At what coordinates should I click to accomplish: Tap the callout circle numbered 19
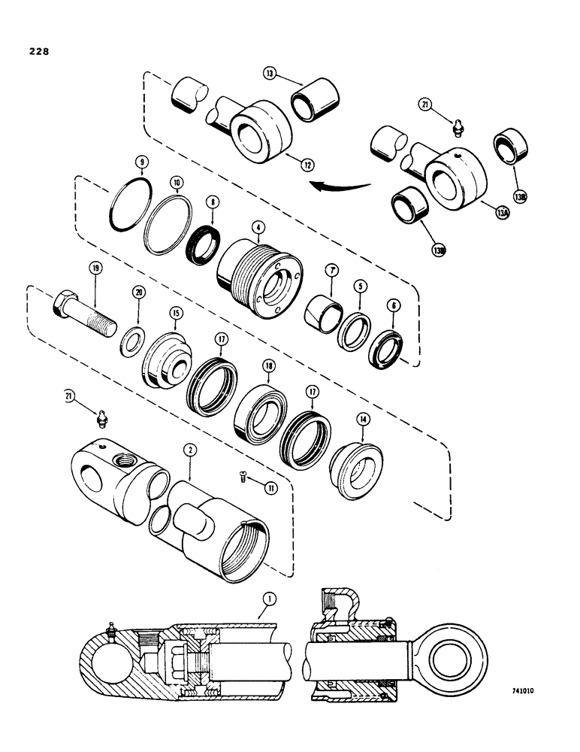coord(95,267)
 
